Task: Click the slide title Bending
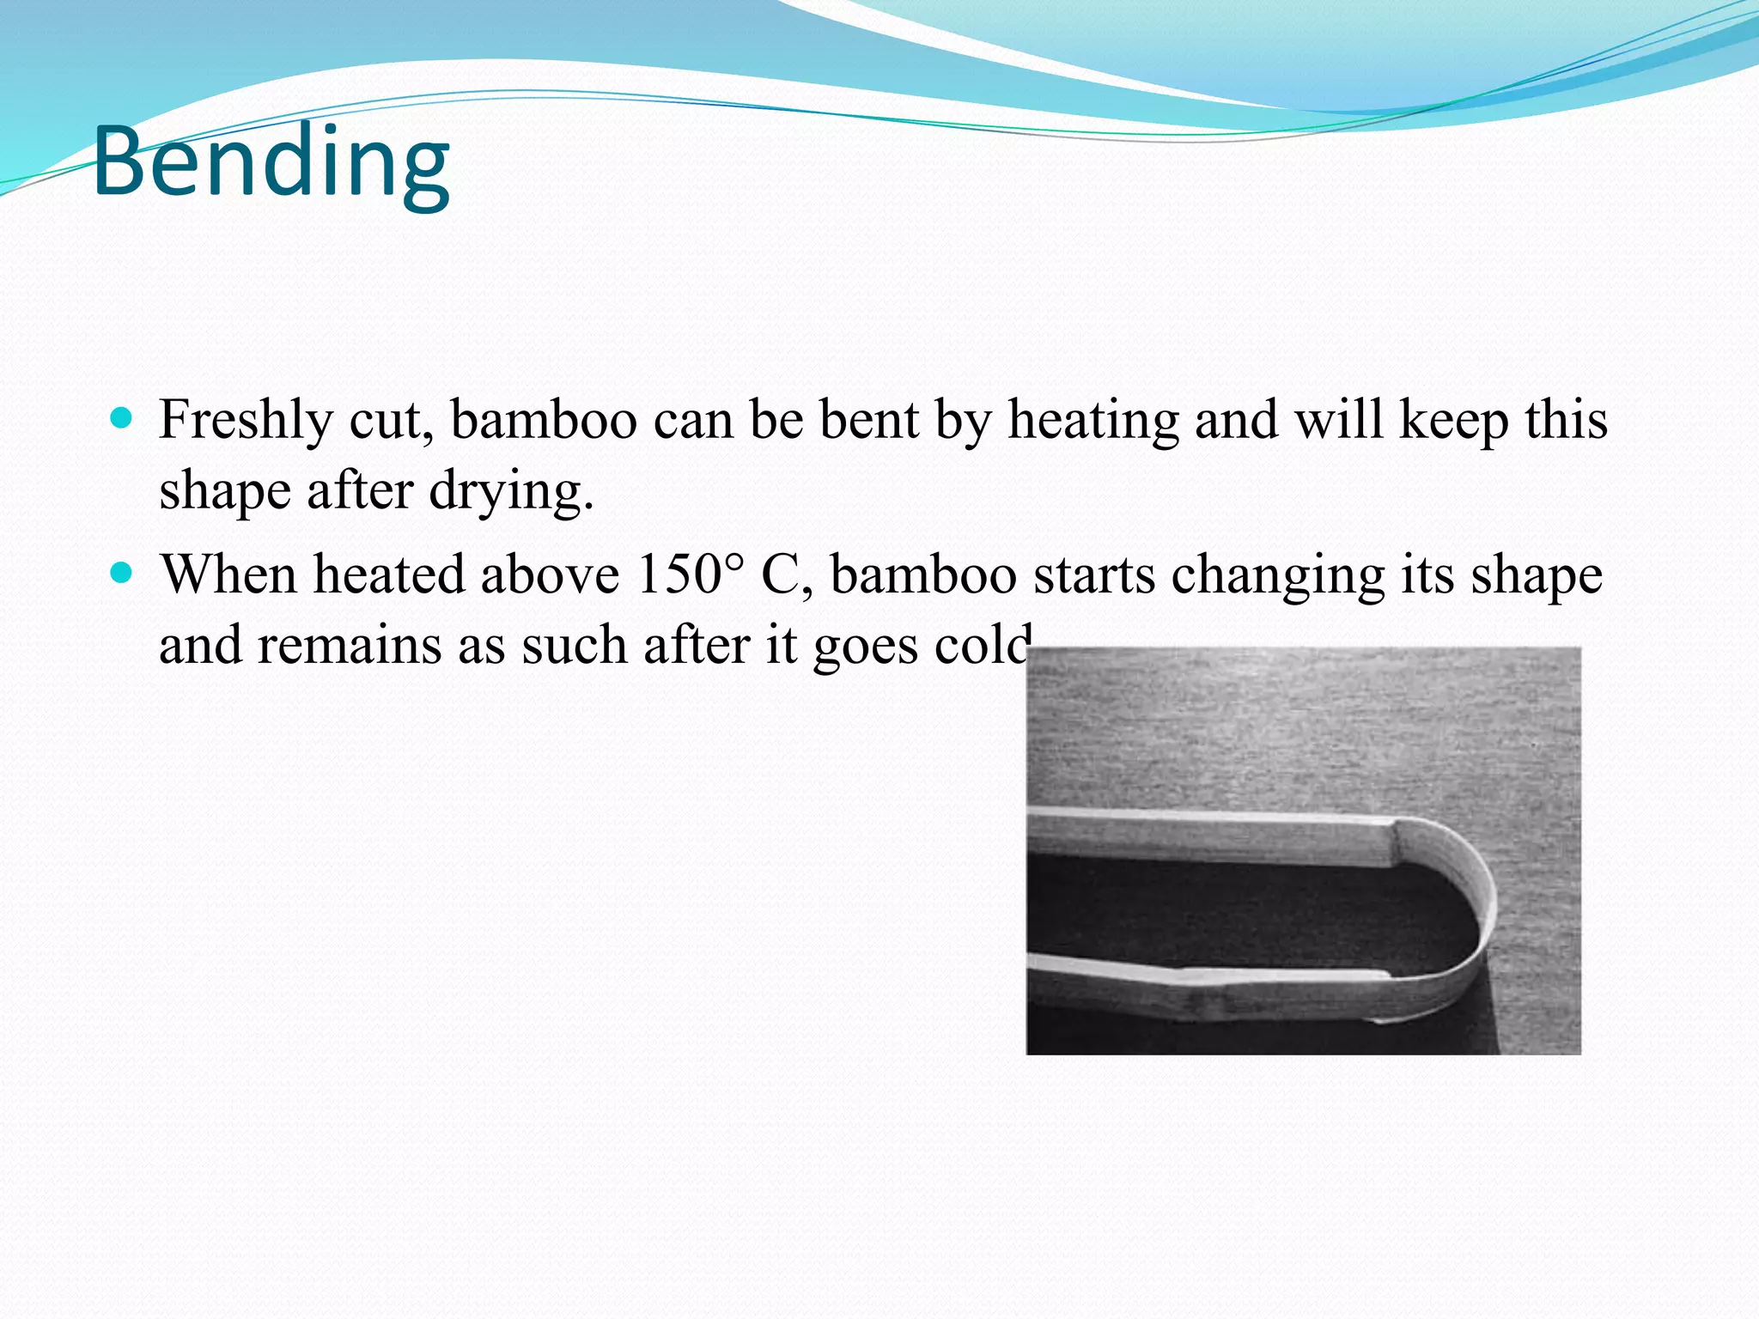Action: (x=271, y=161)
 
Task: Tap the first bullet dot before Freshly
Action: (x=123, y=419)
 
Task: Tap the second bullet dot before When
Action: (x=123, y=573)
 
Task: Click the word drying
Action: (x=510, y=492)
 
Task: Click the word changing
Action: (x=1278, y=575)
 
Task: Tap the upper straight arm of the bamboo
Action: (x=1202, y=836)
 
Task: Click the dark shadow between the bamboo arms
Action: (x=1245, y=910)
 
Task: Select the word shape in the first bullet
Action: (x=225, y=492)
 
